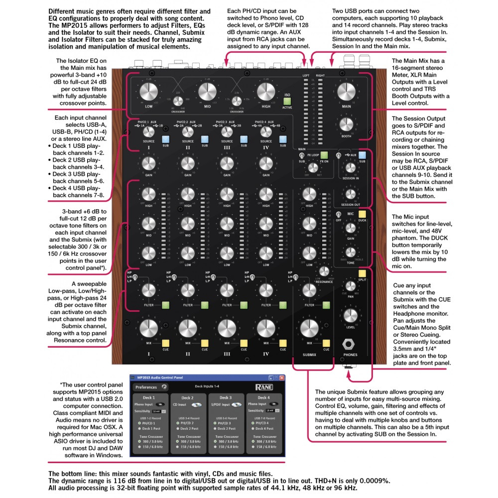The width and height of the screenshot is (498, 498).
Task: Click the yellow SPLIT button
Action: (363, 272)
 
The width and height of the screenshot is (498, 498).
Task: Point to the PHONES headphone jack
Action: (351, 345)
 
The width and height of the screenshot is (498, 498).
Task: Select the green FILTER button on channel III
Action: (244, 305)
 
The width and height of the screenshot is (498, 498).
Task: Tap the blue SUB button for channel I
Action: (165, 139)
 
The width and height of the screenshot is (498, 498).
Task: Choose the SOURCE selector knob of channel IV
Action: (266, 131)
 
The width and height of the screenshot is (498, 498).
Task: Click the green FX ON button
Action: (324, 155)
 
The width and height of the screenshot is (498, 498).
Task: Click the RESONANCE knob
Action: (325, 271)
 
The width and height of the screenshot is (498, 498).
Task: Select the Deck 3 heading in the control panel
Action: (226, 398)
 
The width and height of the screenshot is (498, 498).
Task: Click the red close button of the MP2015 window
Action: (282, 378)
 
